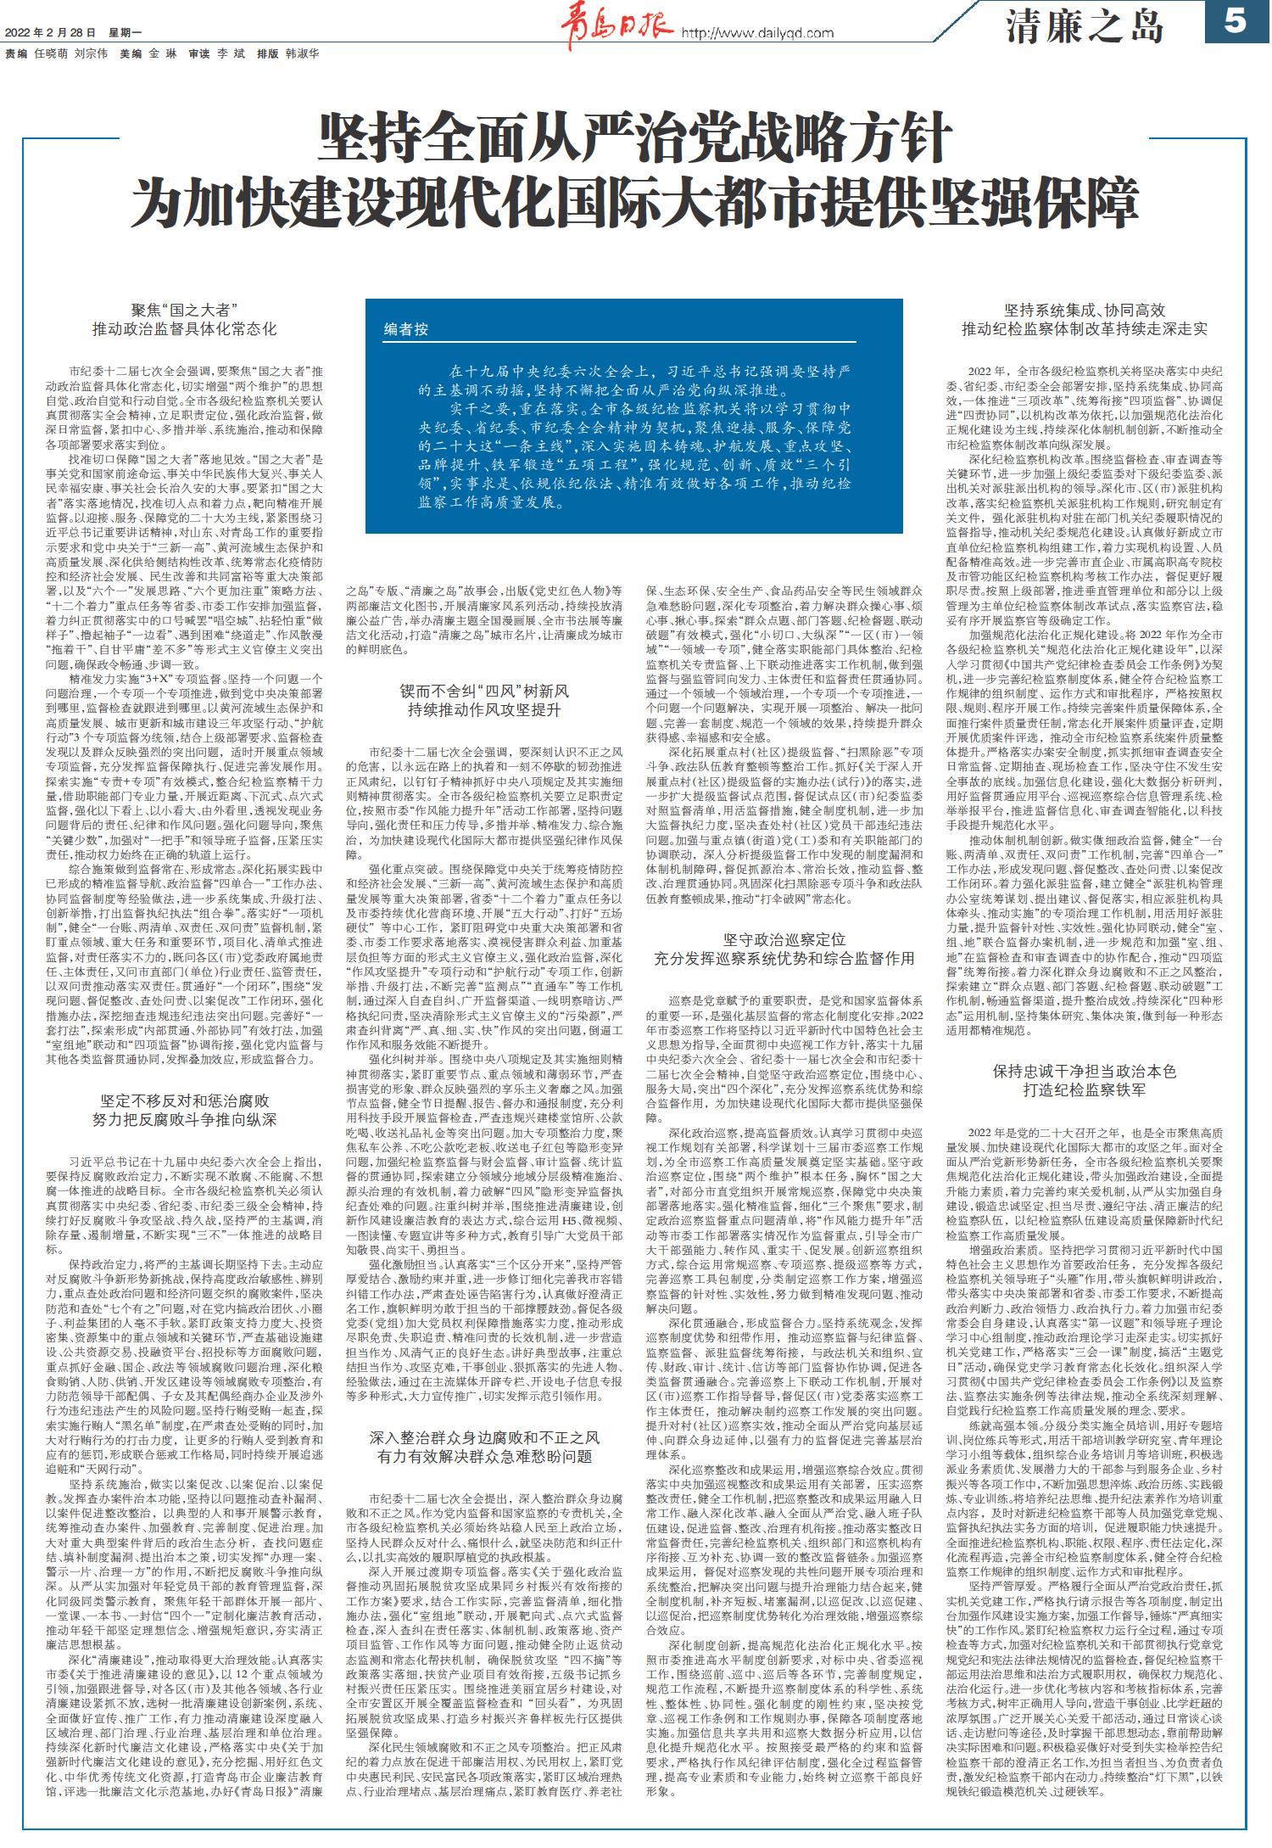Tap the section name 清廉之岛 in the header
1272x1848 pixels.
point(1085,28)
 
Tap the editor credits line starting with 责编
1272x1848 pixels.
point(161,53)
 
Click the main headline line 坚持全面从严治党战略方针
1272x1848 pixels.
point(635,141)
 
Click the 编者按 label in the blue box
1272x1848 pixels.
point(406,328)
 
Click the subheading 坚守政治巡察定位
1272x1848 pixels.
point(784,940)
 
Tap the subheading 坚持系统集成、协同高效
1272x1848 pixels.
point(1084,310)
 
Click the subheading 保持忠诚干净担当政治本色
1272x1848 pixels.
point(1084,1072)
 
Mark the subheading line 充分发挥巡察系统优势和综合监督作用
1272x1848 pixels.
point(784,959)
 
